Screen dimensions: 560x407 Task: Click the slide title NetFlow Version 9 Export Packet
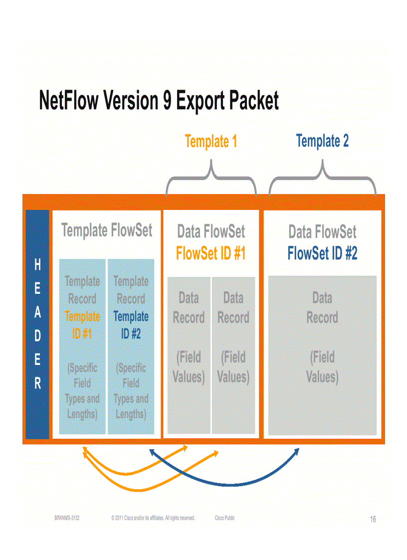tap(159, 101)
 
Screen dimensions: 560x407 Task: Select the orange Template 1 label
tap(210, 142)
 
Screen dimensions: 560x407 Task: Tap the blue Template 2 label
tap(322, 141)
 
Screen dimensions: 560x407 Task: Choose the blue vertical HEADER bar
tap(37, 324)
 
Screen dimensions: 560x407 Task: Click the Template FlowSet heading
tap(107, 230)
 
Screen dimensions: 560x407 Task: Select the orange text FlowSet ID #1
tap(211, 254)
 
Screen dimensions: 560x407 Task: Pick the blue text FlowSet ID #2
tap(322, 254)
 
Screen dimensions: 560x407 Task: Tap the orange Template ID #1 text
tap(82, 325)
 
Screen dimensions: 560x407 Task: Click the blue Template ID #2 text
tap(131, 325)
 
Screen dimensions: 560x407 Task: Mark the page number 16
tap(373, 520)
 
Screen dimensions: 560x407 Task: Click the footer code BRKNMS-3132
tap(67, 518)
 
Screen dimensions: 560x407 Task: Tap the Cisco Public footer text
tap(224, 518)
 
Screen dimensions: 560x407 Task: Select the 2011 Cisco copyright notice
tap(153, 518)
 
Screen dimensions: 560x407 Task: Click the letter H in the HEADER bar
tap(37, 266)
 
